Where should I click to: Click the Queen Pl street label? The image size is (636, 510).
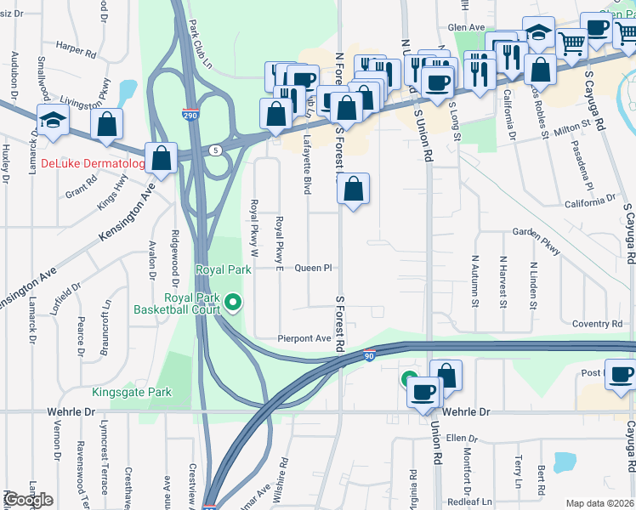tap(312, 268)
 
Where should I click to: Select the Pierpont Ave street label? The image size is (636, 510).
tap(303, 337)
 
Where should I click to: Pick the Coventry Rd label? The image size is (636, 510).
tap(597, 324)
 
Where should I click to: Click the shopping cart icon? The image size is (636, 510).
tap(572, 41)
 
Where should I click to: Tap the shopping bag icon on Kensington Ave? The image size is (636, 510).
tap(161, 157)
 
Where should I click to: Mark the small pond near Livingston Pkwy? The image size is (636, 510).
tap(128, 90)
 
